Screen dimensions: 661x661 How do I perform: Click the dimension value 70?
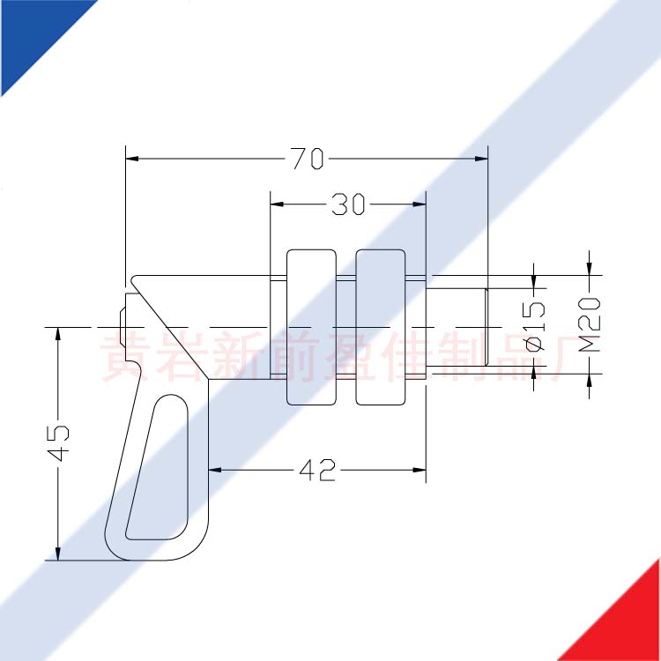point(308,159)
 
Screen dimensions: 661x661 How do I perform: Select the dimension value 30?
point(348,204)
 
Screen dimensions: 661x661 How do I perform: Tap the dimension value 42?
point(317,470)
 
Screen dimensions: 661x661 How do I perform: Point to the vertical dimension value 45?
point(58,443)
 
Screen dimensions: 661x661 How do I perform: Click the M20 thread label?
point(589,324)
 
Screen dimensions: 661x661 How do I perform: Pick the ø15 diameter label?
point(535,327)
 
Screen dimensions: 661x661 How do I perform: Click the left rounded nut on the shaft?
point(311,327)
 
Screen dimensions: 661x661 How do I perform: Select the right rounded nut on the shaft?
point(381,327)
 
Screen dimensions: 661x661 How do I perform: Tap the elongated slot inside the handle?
point(157,468)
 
